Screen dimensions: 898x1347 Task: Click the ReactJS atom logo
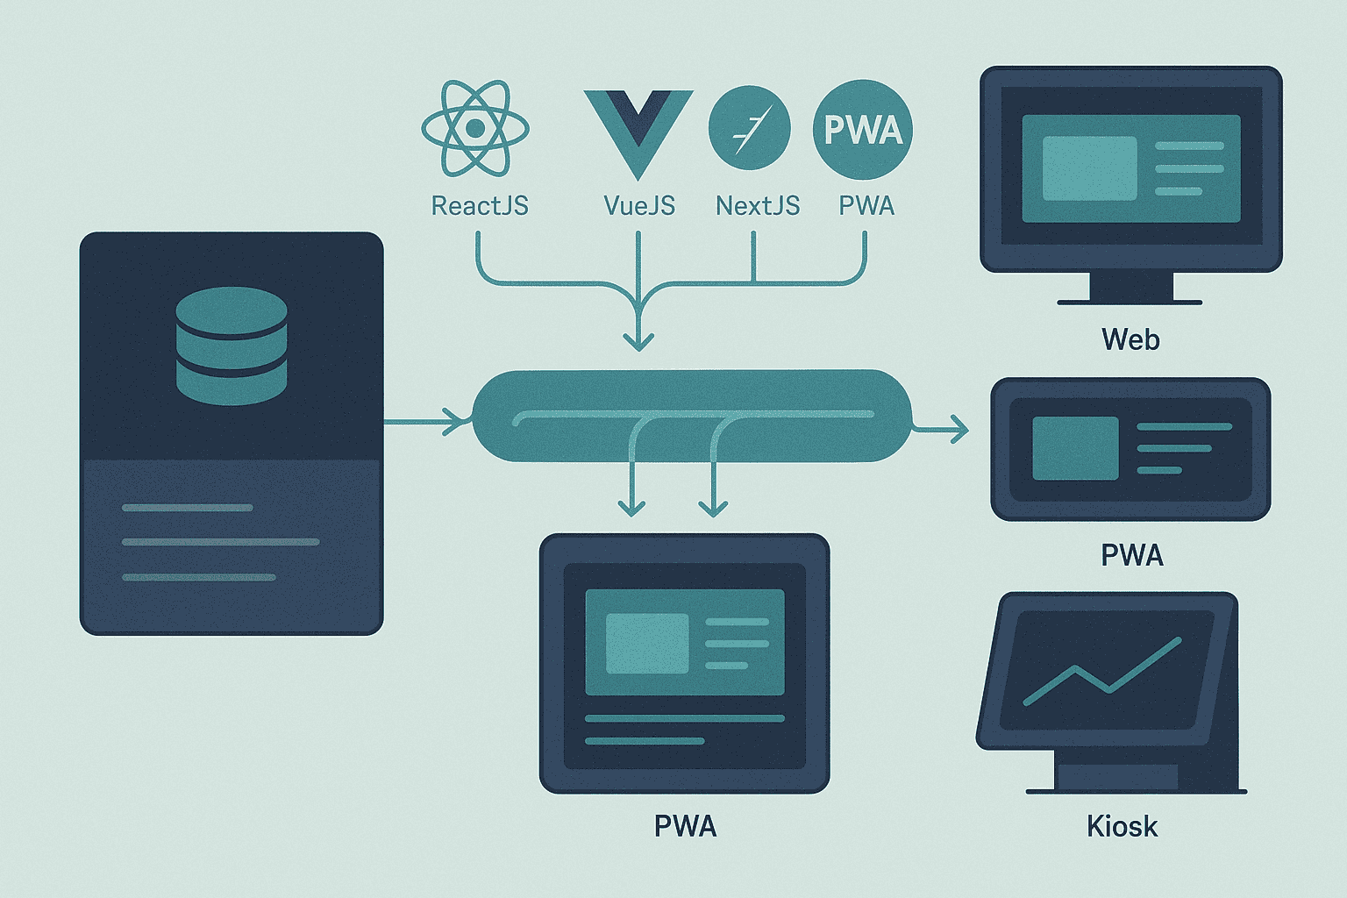pyautogui.click(x=475, y=129)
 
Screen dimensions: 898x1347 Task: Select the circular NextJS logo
pyautogui.click(x=749, y=128)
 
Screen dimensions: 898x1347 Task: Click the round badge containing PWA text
pyautogui.click(x=863, y=130)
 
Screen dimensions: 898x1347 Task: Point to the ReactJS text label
pyautogui.click(x=480, y=206)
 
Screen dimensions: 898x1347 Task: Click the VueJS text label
pyautogui.click(x=639, y=206)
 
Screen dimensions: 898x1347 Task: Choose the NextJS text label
pyautogui.click(x=758, y=206)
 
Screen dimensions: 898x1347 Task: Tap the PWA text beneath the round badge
pyautogui.click(x=866, y=206)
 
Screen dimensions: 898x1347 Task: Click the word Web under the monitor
pyautogui.click(x=1130, y=339)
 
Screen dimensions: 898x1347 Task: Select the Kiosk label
pyautogui.click(x=1122, y=826)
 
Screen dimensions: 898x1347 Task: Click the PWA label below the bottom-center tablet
pyautogui.click(x=685, y=826)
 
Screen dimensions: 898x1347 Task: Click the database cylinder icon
pyautogui.click(x=232, y=346)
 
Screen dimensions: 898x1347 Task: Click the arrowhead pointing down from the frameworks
pyautogui.click(x=638, y=341)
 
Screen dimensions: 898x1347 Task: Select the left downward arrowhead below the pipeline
pyautogui.click(x=631, y=507)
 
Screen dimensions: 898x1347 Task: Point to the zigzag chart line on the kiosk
pyautogui.click(x=1102, y=673)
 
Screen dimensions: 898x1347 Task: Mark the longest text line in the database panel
pyautogui.click(x=220, y=542)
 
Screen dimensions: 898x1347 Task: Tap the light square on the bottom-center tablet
pyautogui.click(x=647, y=644)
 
